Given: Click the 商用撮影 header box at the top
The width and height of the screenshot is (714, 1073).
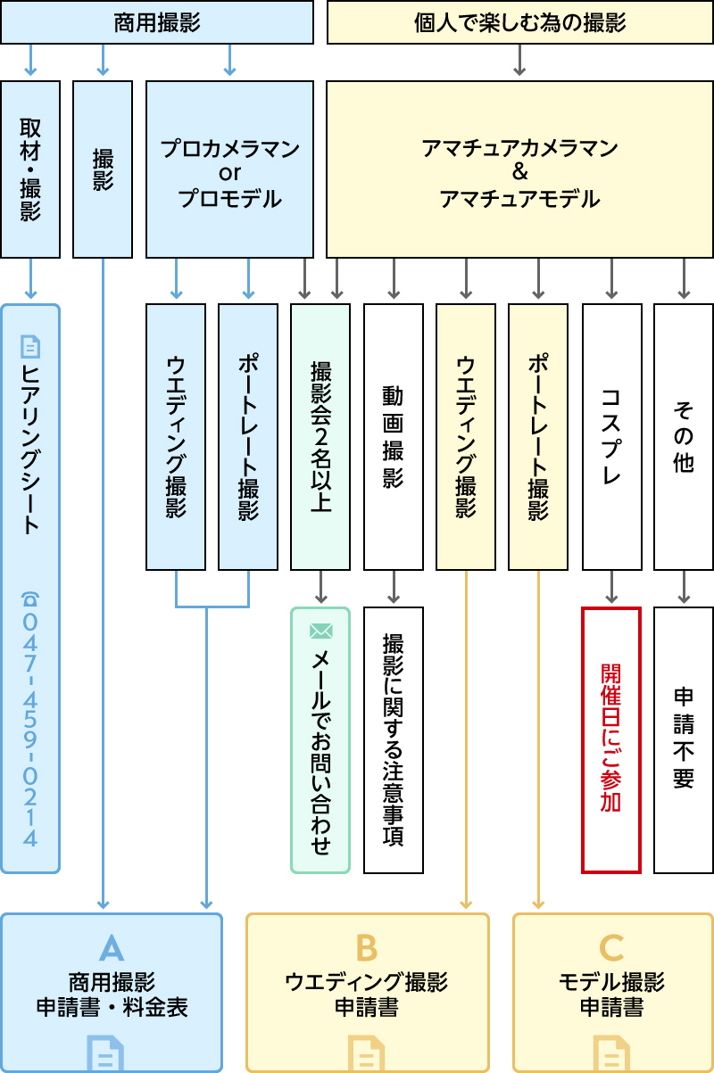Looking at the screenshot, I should [157, 22].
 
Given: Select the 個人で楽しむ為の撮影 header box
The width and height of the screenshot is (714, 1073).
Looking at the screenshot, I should [519, 22].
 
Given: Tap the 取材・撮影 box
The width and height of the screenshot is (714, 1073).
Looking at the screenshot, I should [30, 169].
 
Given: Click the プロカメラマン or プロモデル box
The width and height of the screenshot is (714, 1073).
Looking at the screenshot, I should [229, 169].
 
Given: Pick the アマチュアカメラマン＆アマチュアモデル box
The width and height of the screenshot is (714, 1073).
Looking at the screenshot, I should [519, 169].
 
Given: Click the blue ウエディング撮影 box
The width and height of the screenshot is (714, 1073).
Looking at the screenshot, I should [176, 437].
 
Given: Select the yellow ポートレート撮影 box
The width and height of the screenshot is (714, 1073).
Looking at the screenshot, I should [538, 437].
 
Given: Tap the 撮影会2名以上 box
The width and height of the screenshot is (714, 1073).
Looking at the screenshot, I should [320, 437].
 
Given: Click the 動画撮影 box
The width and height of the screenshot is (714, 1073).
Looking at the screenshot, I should [394, 437].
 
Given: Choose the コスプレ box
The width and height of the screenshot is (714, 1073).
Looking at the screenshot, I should [611, 437].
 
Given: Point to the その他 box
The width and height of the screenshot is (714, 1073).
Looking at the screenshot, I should [684, 437].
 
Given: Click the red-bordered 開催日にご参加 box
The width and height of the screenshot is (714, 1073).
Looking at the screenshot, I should [611, 740].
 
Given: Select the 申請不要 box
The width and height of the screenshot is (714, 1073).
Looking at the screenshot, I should [684, 740].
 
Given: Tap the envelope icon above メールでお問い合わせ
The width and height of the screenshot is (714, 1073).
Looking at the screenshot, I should [320, 631].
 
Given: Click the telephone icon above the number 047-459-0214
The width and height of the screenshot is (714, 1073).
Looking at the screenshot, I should [30, 599].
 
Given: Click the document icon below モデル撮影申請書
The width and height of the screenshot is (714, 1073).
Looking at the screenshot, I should [611, 1052].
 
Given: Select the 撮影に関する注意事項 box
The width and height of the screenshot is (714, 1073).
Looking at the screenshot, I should [394, 740].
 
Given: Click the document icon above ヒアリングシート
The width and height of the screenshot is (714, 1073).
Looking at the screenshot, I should [30, 346].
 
